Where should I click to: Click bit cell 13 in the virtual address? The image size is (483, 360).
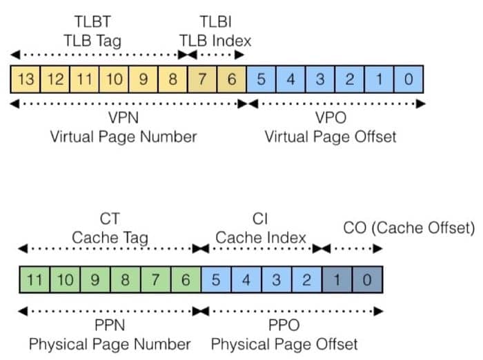[x=26, y=79]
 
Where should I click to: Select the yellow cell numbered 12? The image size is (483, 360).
[x=55, y=79]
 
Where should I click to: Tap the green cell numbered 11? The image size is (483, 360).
[x=35, y=281]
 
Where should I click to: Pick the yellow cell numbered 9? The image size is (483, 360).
[x=144, y=79]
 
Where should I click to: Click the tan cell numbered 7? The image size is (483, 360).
[x=202, y=79]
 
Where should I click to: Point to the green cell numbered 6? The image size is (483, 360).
[x=185, y=281]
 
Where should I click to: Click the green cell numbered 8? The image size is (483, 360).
[x=125, y=281]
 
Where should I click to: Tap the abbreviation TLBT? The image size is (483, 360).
[x=96, y=21]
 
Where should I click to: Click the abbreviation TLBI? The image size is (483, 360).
[x=215, y=21]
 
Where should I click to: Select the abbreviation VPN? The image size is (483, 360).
[x=124, y=117]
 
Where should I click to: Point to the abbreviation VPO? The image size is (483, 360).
[x=331, y=117]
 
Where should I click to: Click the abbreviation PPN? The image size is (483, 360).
[x=109, y=324]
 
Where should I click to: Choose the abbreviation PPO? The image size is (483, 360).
[x=284, y=324]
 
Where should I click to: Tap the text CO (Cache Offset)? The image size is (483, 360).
[x=409, y=228]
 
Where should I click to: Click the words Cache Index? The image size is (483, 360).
[x=261, y=238]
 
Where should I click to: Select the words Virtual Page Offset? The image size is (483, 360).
[x=331, y=136]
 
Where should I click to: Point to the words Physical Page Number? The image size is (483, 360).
[x=109, y=343]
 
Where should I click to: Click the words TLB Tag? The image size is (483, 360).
[x=96, y=41]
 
